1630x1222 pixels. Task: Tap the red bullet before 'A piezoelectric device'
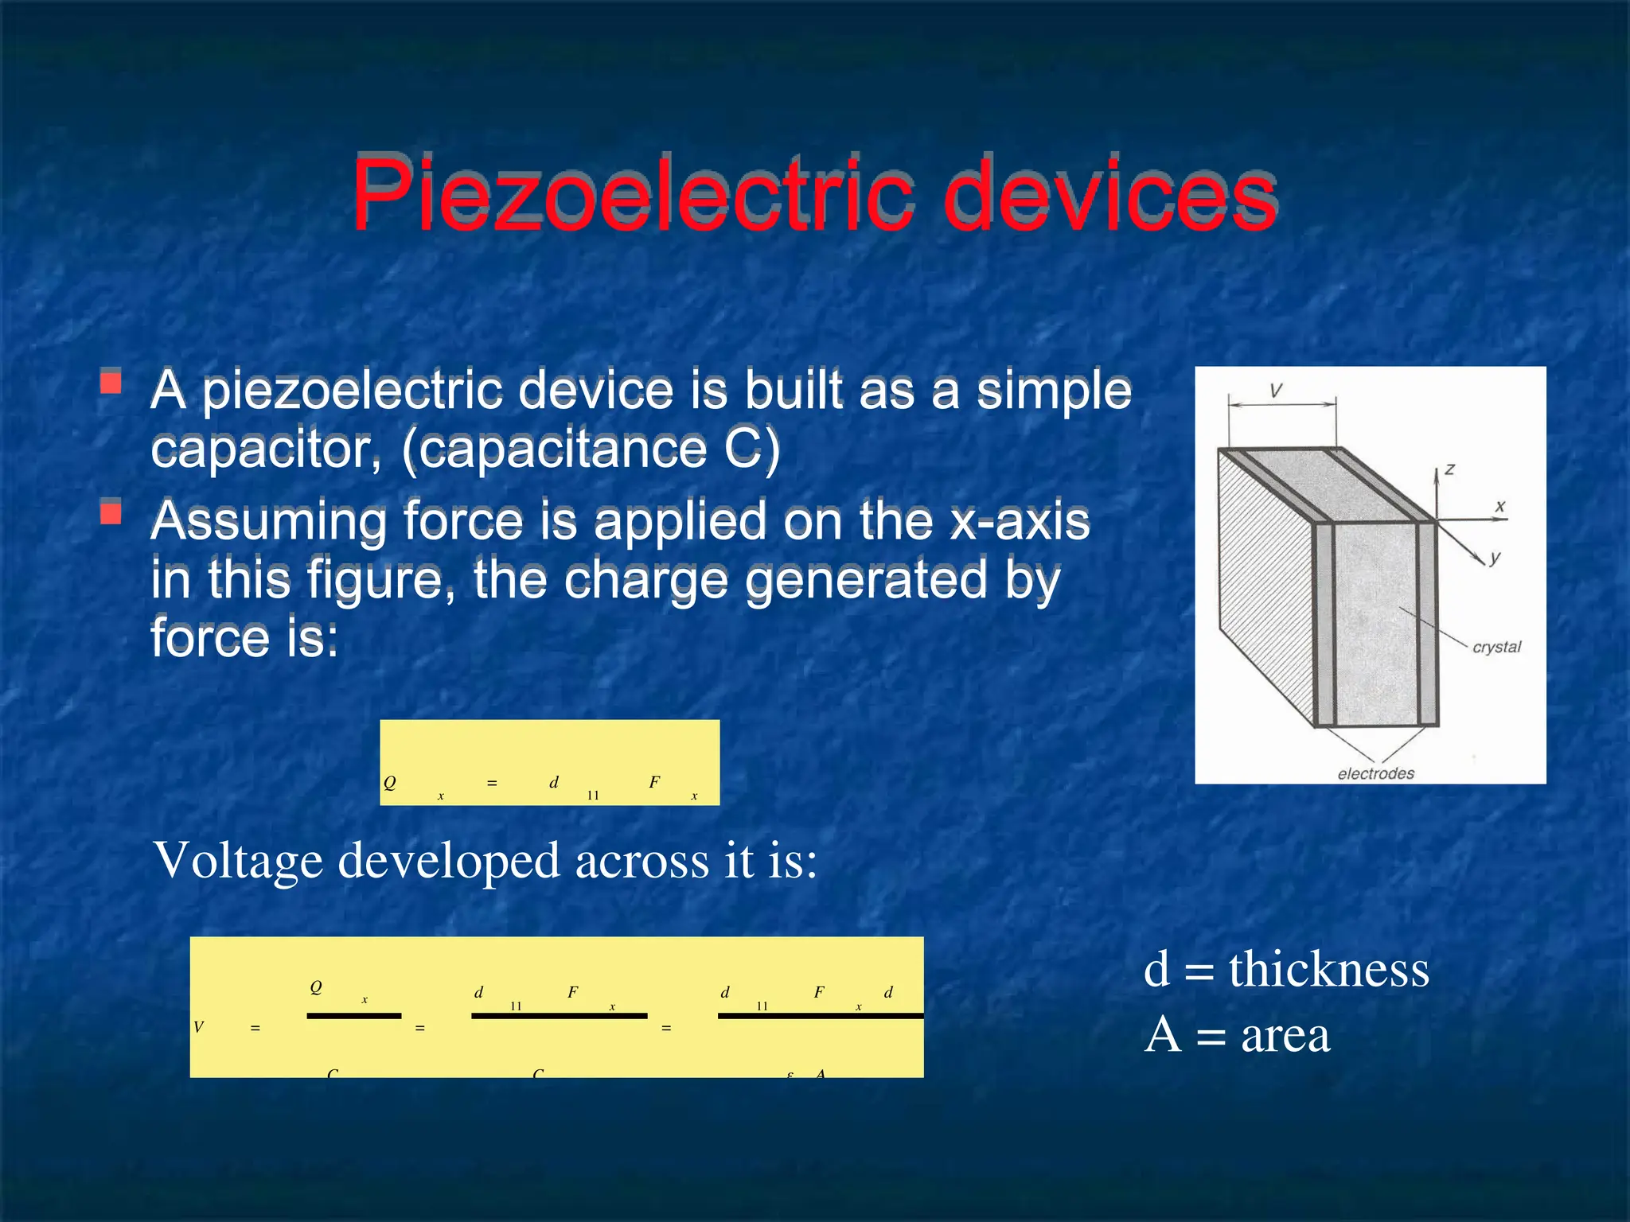[111, 383]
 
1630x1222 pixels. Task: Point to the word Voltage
[238, 861]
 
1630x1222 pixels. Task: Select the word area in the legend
[1285, 1035]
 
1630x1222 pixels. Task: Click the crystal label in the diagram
[1496, 647]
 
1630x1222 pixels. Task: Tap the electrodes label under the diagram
[1375, 773]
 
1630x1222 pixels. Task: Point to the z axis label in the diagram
[1449, 469]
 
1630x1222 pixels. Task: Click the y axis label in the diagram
[1495, 558]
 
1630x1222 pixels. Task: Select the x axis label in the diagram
[1500, 506]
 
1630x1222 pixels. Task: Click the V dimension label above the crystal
[1276, 391]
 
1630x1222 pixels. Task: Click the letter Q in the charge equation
[389, 783]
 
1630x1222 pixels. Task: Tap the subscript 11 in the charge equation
[593, 795]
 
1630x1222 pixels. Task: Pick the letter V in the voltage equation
[199, 1027]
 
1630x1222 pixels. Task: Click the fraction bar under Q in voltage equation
[354, 1016]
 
